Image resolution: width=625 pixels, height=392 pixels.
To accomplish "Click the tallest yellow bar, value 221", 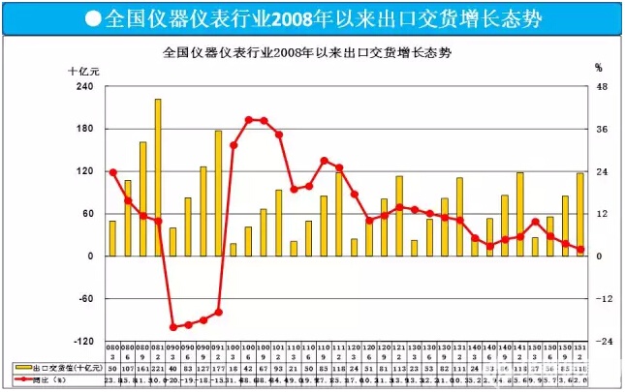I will (158, 177).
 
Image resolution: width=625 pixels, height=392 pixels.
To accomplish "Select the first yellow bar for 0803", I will (112, 238).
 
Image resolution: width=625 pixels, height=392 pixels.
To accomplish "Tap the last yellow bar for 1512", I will (580, 214).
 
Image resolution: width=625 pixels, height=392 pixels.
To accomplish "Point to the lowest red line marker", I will (173, 327).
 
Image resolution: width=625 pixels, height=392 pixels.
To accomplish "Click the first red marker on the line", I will (112, 172).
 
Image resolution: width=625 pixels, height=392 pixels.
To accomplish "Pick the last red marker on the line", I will (580, 250).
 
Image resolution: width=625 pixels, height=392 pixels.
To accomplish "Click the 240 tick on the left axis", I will (83, 86).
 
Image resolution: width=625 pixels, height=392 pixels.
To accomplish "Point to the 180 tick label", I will (83, 129).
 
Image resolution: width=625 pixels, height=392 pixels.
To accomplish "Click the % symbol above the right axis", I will (598, 69).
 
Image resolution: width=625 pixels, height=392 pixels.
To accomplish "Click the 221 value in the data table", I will (158, 369).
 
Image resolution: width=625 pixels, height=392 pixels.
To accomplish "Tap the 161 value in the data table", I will (142, 369).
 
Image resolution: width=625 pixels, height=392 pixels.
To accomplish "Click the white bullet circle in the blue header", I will (91, 17).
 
